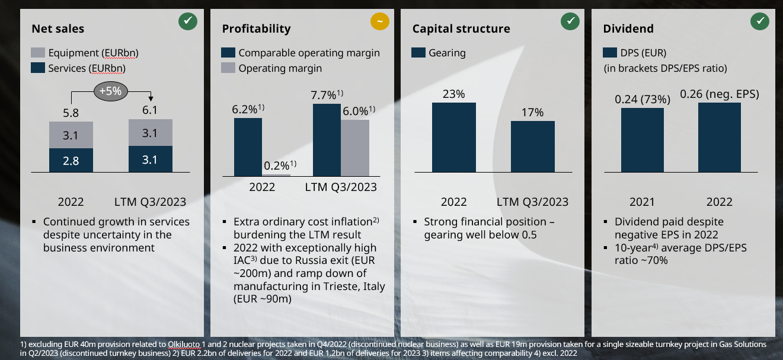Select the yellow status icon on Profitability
(x=379, y=22)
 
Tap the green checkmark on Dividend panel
(x=760, y=22)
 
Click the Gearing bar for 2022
(x=453, y=137)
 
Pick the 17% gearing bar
(x=533, y=146)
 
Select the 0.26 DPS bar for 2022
(x=719, y=137)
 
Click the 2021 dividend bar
(x=642, y=140)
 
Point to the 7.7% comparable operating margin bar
(x=327, y=139)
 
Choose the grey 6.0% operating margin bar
(x=355, y=148)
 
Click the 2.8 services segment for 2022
(x=71, y=160)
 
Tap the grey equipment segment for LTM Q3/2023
(x=150, y=133)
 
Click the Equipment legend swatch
(x=38, y=53)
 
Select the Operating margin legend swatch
(x=228, y=68)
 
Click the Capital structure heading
(x=461, y=28)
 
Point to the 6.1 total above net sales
(x=150, y=110)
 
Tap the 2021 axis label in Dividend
(x=642, y=202)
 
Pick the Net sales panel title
(x=58, y=28)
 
